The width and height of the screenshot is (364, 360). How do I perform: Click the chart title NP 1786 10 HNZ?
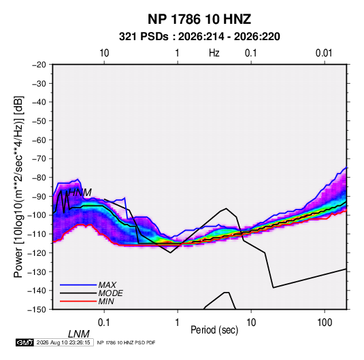point(199,19)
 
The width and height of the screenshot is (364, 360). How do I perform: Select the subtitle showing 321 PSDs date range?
point(199,37)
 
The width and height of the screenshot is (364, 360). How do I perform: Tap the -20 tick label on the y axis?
point(39,65)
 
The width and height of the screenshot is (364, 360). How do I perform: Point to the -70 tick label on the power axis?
point(39,159)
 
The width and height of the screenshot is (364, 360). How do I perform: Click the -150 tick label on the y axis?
point(37,310)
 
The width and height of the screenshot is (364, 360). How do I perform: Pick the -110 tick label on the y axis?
point(37,234)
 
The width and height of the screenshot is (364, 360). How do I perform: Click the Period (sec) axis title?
point(214,330)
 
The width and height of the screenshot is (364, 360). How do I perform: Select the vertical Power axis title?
point(18,187)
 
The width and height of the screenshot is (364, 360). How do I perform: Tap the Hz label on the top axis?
point(214,53)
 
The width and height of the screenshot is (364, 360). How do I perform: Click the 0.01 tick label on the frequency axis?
point(324,53)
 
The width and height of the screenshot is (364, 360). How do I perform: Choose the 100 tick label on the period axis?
point(325,323)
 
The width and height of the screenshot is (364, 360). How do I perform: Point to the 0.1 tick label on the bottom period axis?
point(104,323)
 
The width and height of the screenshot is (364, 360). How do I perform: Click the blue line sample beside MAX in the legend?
point(78,284)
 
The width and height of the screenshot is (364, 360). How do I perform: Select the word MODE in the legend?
point(110,293)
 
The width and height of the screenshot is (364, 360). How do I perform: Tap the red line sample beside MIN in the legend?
point(78,301)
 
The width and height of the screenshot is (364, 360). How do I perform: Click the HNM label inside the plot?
point(80,193)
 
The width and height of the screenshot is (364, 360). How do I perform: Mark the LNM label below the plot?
point(79,334)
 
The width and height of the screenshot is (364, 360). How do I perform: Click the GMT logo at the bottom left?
point(25,342)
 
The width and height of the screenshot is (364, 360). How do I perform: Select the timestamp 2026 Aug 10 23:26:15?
point(63,342)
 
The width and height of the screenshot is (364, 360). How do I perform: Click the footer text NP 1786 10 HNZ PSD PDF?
point(126,342)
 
